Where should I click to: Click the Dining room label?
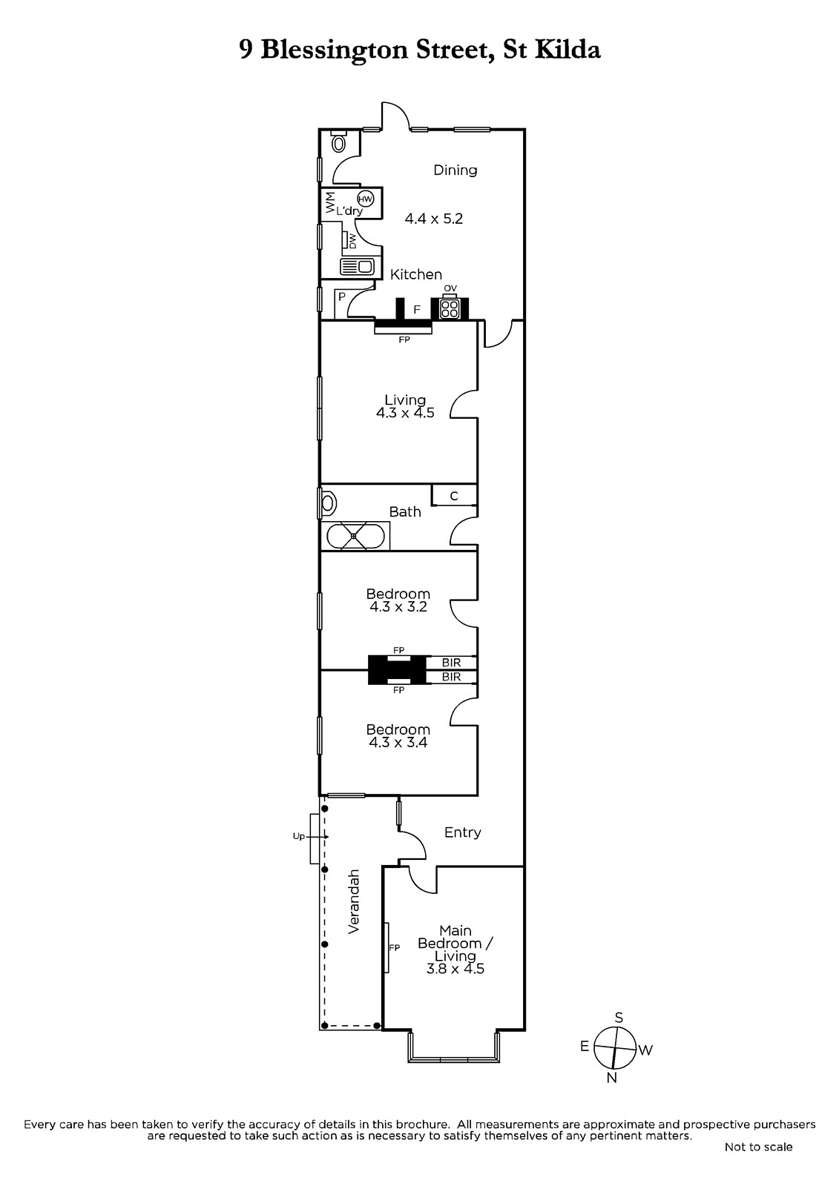455,170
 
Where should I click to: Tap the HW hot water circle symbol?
365,199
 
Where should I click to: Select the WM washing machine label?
330,203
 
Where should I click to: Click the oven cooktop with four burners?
450,308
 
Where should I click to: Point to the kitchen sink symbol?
357,266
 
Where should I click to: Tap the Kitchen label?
416,274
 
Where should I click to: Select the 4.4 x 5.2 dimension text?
433,219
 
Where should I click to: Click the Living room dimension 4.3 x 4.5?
405,413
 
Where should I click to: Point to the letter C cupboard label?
454,496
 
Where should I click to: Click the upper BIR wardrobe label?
451,663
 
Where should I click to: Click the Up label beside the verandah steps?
299,837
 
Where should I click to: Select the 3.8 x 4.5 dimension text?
455,969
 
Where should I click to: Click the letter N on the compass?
611,1078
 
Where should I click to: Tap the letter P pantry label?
342,296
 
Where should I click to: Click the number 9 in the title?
246,50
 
